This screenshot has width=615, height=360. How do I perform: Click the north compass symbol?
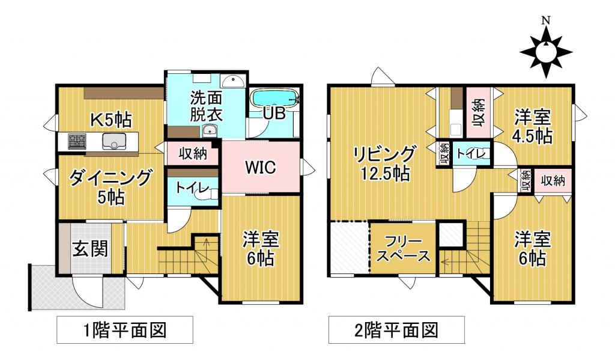click(545, 52)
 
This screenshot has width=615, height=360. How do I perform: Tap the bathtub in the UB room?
click(274, 98)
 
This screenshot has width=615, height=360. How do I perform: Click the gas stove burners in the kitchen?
click(77, 142)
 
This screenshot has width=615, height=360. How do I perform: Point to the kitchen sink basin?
click(113, 142)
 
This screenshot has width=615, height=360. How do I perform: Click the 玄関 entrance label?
click(90, 248)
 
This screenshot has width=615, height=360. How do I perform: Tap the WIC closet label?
click(259, 168)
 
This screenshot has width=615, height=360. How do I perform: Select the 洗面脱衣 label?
click(206, 106)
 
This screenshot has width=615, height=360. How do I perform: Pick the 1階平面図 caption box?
click(124, 330)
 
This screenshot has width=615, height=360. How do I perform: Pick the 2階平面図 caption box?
click(396, 330)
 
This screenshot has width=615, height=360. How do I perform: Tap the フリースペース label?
click(402, 249)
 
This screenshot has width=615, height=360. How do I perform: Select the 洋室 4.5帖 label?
click(532, 126)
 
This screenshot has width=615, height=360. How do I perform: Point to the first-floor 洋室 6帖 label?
click(260, 248)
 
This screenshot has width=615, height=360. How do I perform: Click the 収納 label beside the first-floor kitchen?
click(192, 154)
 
